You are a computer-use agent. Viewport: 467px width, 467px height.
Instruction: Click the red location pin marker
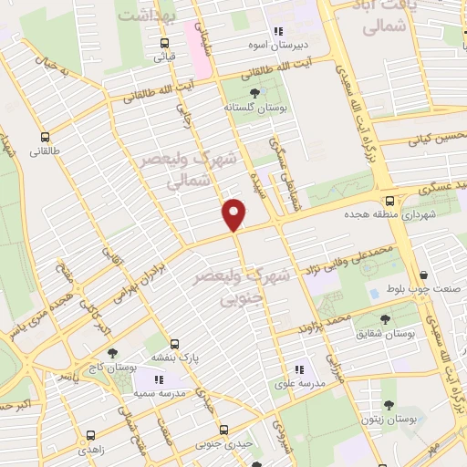[x=234, y=213]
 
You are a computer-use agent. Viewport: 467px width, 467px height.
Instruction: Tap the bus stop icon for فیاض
[x=164, y=43]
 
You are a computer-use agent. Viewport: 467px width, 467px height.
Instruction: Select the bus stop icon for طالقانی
[x=44, y=140]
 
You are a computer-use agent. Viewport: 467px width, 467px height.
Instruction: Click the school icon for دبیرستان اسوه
[x=278, y=31]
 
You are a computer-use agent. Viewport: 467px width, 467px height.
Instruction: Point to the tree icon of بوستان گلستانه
[x=254, y=93]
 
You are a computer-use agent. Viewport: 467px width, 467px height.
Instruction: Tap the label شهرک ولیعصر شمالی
[x=187, y=169]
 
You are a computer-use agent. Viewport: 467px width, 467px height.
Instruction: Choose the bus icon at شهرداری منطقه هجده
[x=389, y=201]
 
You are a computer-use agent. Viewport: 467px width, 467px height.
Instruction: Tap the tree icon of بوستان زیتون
[x=389, y=406]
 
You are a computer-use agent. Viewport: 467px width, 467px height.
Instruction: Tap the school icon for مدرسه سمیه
[x=160, y=379]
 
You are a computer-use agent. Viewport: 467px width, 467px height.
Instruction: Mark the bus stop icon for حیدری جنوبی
[x=224, y=431]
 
